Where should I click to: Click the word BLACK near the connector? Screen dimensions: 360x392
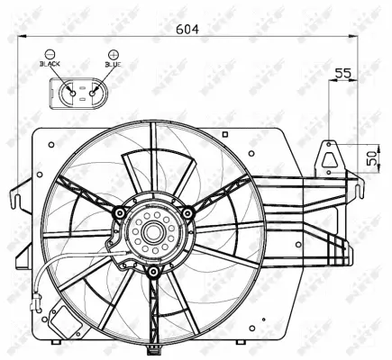[50, 66]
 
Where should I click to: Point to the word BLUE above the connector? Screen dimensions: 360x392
[113, 66]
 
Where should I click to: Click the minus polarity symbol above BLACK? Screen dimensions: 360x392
[50, 54]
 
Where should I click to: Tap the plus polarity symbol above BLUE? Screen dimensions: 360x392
[113, 54]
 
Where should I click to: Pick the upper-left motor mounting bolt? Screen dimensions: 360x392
[118, 212]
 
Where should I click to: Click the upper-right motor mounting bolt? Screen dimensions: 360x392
[187, 212]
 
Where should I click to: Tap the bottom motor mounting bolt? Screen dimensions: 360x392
[153, 271]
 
